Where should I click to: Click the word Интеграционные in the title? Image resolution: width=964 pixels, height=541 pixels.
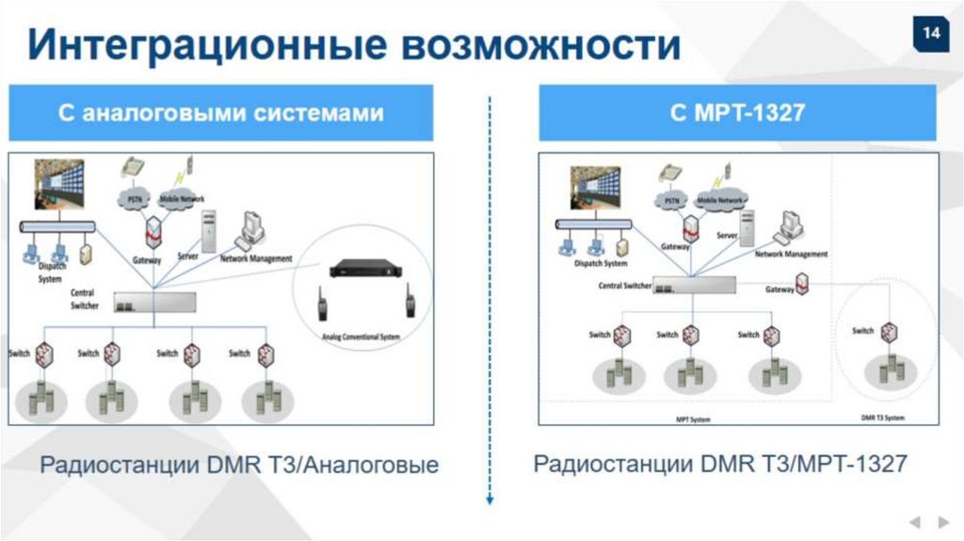tap(202, 43)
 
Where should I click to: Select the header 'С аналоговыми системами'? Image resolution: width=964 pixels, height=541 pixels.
tap(221, 113)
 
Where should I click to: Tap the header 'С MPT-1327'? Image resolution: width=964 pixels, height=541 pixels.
tap(737, 113)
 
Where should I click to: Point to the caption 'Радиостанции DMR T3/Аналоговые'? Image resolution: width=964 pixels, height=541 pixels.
tap(239, 465)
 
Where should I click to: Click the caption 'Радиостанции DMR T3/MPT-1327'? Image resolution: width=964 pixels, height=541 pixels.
tap(720, 463)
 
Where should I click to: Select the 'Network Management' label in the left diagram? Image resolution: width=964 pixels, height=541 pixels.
tap(256, 258)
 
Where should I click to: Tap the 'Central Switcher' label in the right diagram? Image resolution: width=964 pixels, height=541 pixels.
tap(625, 285)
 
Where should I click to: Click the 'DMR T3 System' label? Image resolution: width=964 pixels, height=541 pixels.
tap(883, 418)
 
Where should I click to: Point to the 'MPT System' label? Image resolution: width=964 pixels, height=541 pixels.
tap(693, 418)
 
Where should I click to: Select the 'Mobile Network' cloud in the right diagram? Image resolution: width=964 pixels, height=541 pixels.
tap(724, 201)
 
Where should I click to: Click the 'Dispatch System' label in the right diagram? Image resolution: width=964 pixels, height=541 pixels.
tap(601, 264)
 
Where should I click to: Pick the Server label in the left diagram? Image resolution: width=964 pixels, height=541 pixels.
tap(188, 255)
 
